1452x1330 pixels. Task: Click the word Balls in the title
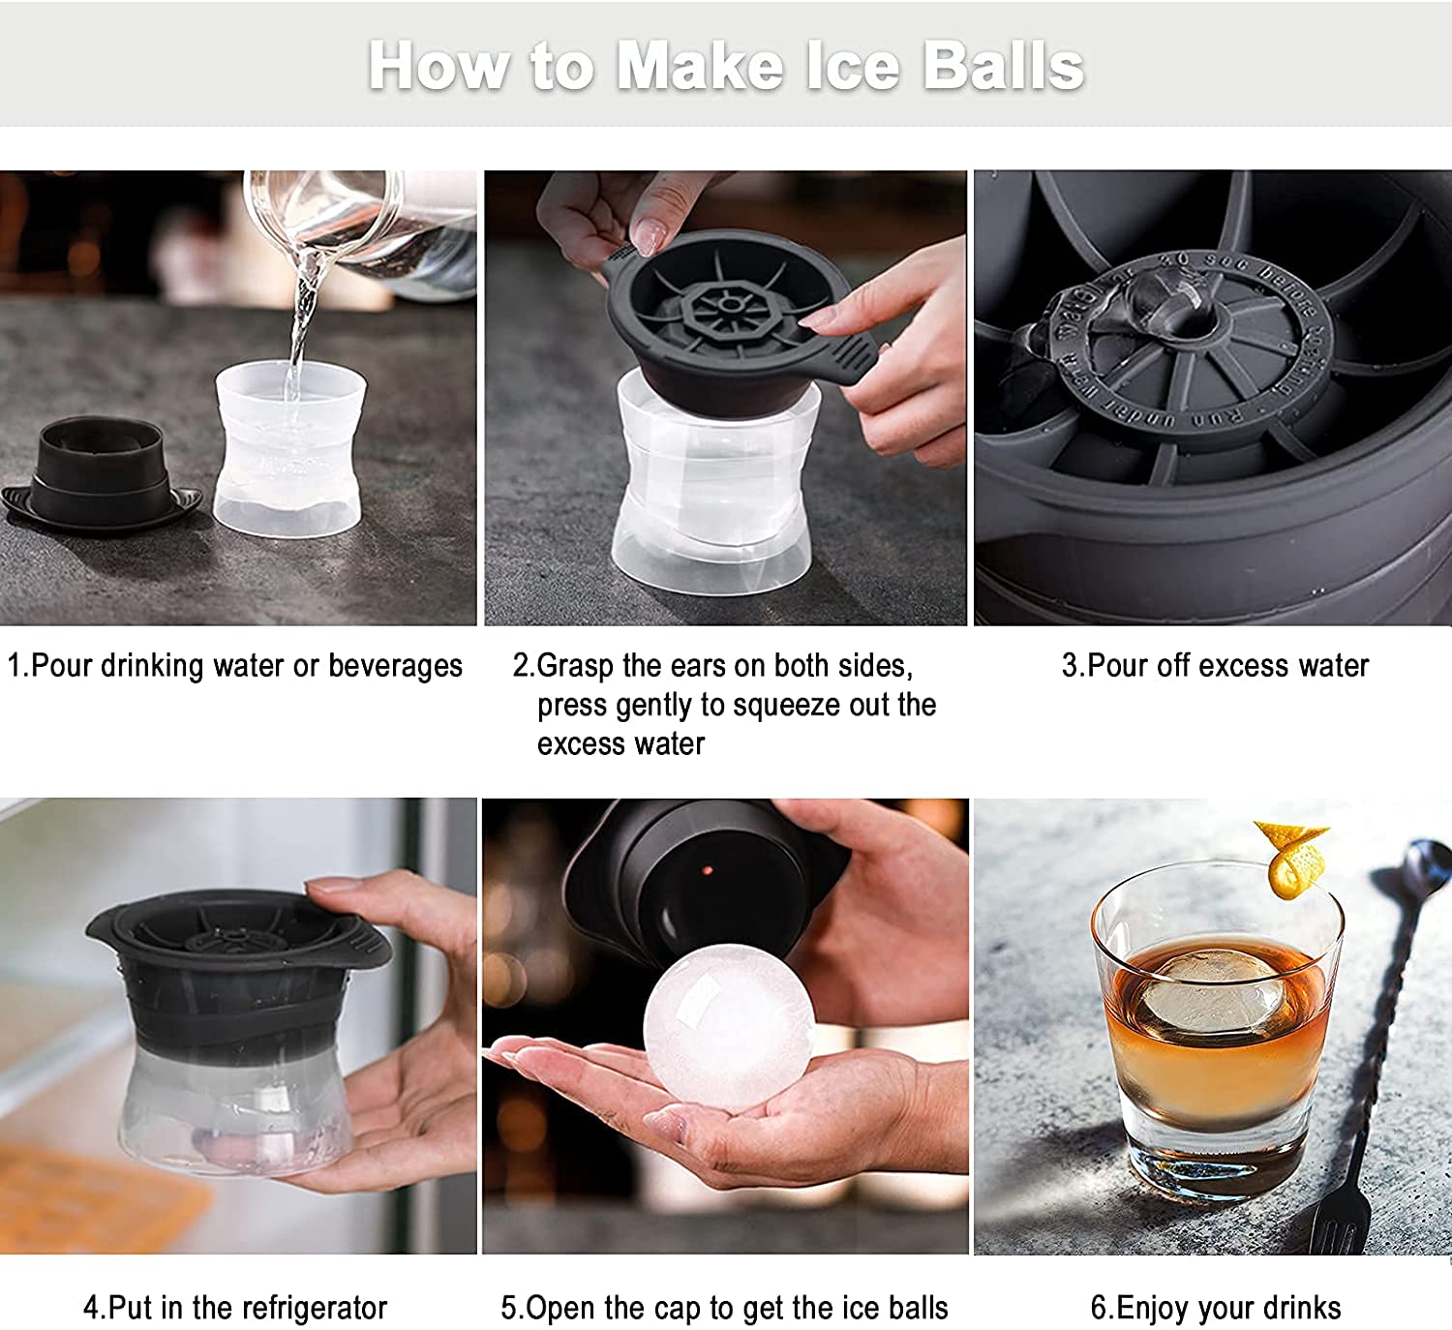[x=1003, y=67]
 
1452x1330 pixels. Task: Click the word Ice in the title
[x=854, y=67]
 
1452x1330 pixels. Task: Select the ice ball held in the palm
[x=727, y=1029]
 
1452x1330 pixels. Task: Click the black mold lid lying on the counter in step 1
[x=102, y=474]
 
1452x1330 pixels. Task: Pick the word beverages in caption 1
[x=395, y=666]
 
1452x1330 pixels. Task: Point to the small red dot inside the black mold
[x=708, y=869]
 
